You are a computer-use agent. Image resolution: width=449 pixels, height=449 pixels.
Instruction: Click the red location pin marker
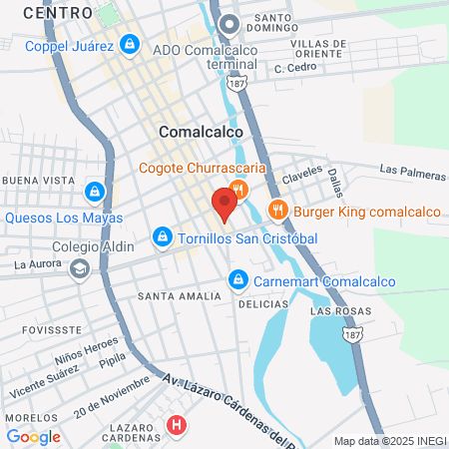(x=224, y=204)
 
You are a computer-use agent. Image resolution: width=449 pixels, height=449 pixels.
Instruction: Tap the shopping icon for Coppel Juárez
(x=129, y=44)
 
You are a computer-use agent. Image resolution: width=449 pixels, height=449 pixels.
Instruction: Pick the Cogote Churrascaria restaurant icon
(x=237, y=189)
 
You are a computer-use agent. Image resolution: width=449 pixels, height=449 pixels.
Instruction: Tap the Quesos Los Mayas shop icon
(x=94, y=191)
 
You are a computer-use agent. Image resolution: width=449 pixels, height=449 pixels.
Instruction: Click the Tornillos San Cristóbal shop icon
(x=162, y=237)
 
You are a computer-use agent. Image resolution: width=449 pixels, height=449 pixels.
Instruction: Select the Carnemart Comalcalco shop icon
(x=237, y=280)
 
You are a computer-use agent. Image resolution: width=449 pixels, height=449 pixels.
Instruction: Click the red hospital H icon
(x=178, y=426)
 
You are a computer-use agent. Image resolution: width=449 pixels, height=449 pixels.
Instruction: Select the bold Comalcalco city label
(x=196, y=131)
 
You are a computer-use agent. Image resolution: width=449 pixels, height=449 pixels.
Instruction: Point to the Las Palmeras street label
(x=412, y=174)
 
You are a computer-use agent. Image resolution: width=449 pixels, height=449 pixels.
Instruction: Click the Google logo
(x=33, y=436)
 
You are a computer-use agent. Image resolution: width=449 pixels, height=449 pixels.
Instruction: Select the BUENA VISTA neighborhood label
(x=39, y=180)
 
